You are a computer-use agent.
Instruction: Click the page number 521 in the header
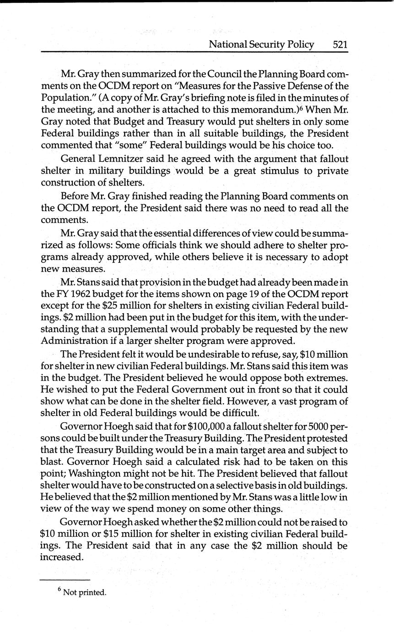pyautogui.click(x=340, y=44)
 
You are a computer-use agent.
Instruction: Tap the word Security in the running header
pyautogui.click(x=272, y=44)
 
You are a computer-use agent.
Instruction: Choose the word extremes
pyautogui.click(x=324, y=378)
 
